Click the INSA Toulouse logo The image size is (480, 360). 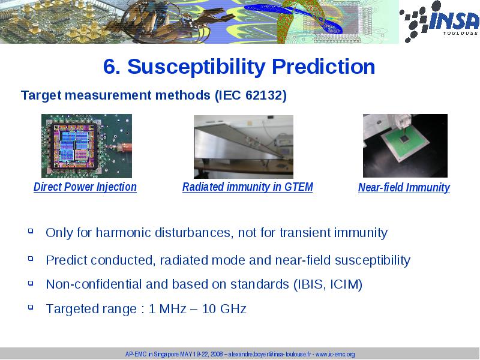tap(439, 22)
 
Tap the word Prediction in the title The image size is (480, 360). tap(323, 66)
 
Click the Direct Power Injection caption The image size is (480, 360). tap(85, 187)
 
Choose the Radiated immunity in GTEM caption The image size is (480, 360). tap(248, 187)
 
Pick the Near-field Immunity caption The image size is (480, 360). tap(404, 187)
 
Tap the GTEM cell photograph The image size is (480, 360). tap(244, 147)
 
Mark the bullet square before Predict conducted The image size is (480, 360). tap(31, 259)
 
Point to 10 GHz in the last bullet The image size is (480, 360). tap(224, 309)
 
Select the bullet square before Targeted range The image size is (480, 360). tap(31, 307)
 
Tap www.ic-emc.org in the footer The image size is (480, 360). tap(335, 355)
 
